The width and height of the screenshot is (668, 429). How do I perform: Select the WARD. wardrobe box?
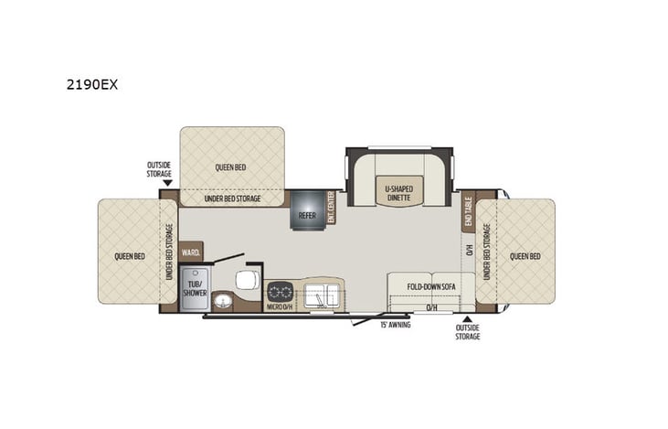[191, 251]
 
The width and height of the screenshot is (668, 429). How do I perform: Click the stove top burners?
[279, 293]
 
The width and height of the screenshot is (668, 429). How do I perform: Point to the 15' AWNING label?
[397, 324]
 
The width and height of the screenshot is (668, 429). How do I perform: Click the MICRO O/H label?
[279, 307]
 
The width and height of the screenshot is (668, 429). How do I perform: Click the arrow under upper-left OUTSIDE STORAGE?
[166, 182]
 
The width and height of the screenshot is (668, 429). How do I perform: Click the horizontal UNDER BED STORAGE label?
[231, 198]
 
